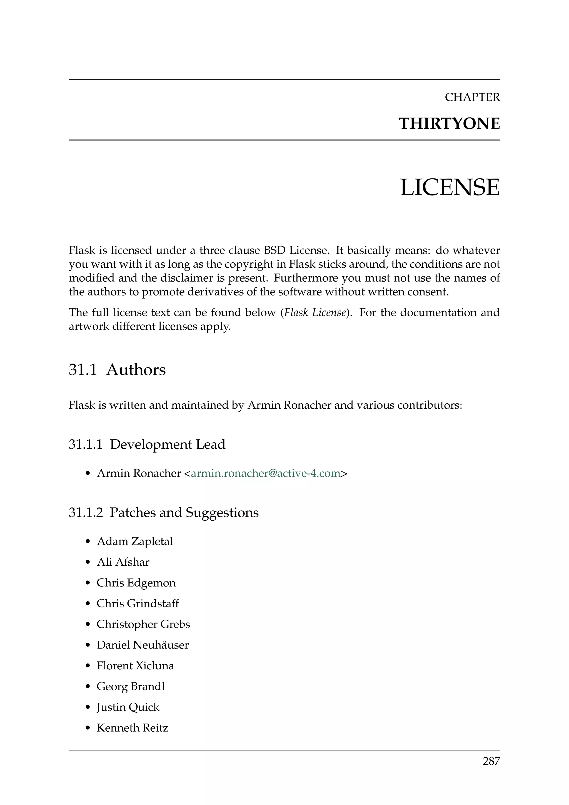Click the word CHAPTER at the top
coord(472,97)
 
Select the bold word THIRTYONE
coord(449,124)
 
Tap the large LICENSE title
coord(450,187)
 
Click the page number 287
coord(491,761)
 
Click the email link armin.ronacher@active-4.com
coord(266,473)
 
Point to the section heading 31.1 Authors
coord(117,370)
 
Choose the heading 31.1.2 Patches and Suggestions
coord(164,513)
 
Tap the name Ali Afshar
coord(123,562)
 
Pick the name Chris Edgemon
coord(136,583)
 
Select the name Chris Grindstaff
coord(138,603)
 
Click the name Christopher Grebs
coord(143,624)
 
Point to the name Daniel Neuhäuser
coord(143,645)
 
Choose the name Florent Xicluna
coord(135,665)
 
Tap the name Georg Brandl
coord(131,686)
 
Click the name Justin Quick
coord(128,707)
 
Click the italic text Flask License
coord(315,312)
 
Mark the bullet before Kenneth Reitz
coord(88,728)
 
